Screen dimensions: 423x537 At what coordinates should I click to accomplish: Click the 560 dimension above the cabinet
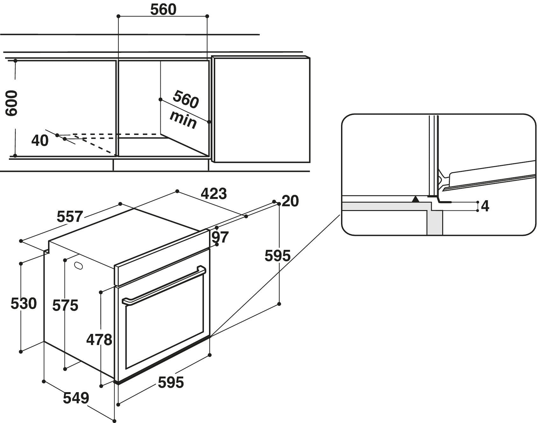pos(163,10)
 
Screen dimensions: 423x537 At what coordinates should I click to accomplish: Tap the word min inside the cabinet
pos(183,119)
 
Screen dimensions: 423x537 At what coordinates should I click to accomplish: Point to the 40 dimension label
pos(40,141)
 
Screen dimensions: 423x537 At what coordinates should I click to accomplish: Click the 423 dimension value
pos(213,194)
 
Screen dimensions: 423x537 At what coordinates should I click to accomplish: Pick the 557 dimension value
pos(70,217)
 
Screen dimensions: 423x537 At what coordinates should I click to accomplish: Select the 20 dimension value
pos(290,201)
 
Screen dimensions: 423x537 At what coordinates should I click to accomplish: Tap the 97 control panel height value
pos(220,237)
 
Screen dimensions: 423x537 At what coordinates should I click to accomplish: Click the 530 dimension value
pos(24,304)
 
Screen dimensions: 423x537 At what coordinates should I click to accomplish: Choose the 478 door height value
pos(99,340)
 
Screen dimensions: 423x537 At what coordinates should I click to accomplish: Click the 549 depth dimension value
pos(76,398)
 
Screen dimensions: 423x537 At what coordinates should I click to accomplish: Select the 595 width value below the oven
pos(171,382)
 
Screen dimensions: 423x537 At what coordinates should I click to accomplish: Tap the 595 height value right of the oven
pos(277,256)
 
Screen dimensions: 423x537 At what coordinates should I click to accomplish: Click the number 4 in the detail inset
pos(485,206)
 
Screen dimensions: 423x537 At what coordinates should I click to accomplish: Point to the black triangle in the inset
pos(415,199)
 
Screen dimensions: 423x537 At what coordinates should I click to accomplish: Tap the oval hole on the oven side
pos(78,265)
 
